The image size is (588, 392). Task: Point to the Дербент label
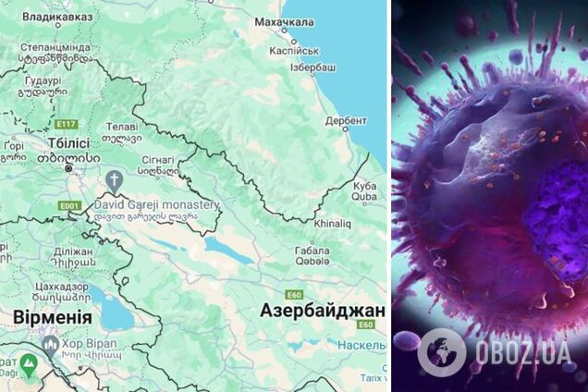(346, 120)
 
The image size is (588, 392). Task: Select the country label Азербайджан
(322, 310)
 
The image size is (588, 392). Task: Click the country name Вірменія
(52, 317)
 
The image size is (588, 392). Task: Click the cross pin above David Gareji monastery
(114, 180)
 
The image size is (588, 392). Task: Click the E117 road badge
(66, 123)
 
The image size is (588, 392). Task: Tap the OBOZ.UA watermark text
(521, 354)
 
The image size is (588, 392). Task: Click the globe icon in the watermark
(442, 353)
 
